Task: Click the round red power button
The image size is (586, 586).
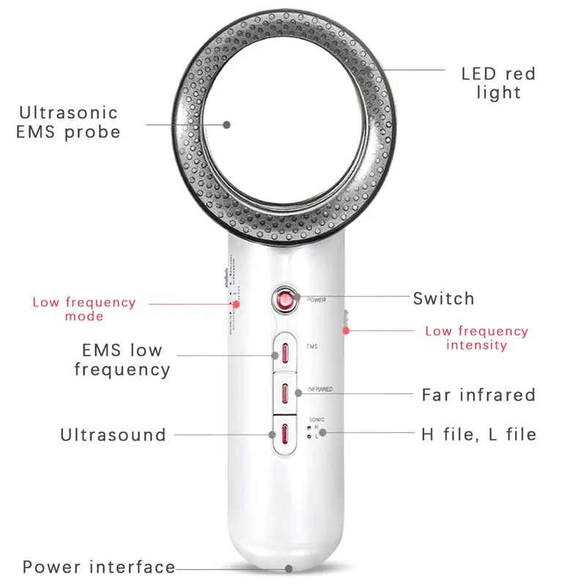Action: tap(282, 299)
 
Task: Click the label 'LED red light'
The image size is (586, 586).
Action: tap(498, 83)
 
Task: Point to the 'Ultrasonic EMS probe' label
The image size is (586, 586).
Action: tap(68, 122)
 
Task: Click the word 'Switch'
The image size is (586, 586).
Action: tap(443, 299)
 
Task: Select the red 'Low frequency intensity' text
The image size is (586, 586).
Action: tap(476, 338)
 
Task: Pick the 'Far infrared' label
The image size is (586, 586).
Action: tap(478, 395)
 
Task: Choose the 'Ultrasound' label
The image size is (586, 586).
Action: tap(113, 435)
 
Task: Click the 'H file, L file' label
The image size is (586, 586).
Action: tap(478, 434)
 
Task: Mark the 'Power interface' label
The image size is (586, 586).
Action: tap(99, 567)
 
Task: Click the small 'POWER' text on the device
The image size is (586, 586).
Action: tap(316, 300)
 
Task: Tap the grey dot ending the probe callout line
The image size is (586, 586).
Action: tap(227, 125)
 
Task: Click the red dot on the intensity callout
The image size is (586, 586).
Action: tap(350, 330)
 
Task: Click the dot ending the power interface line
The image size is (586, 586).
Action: tap(290, 568)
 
